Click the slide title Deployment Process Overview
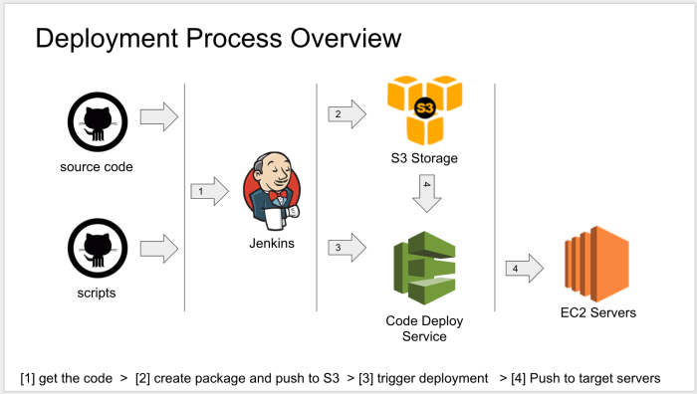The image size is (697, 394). [218, 39]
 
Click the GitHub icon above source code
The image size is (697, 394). [97, 121]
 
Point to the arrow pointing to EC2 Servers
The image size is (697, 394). [523, 267]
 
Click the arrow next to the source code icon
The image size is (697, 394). [158, 117]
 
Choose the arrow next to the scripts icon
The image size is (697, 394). [158, 246]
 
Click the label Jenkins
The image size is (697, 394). [271, 243]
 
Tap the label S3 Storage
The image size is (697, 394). [425, 158]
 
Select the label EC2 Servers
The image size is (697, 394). [598, 313]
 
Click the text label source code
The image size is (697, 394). [97, 166]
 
